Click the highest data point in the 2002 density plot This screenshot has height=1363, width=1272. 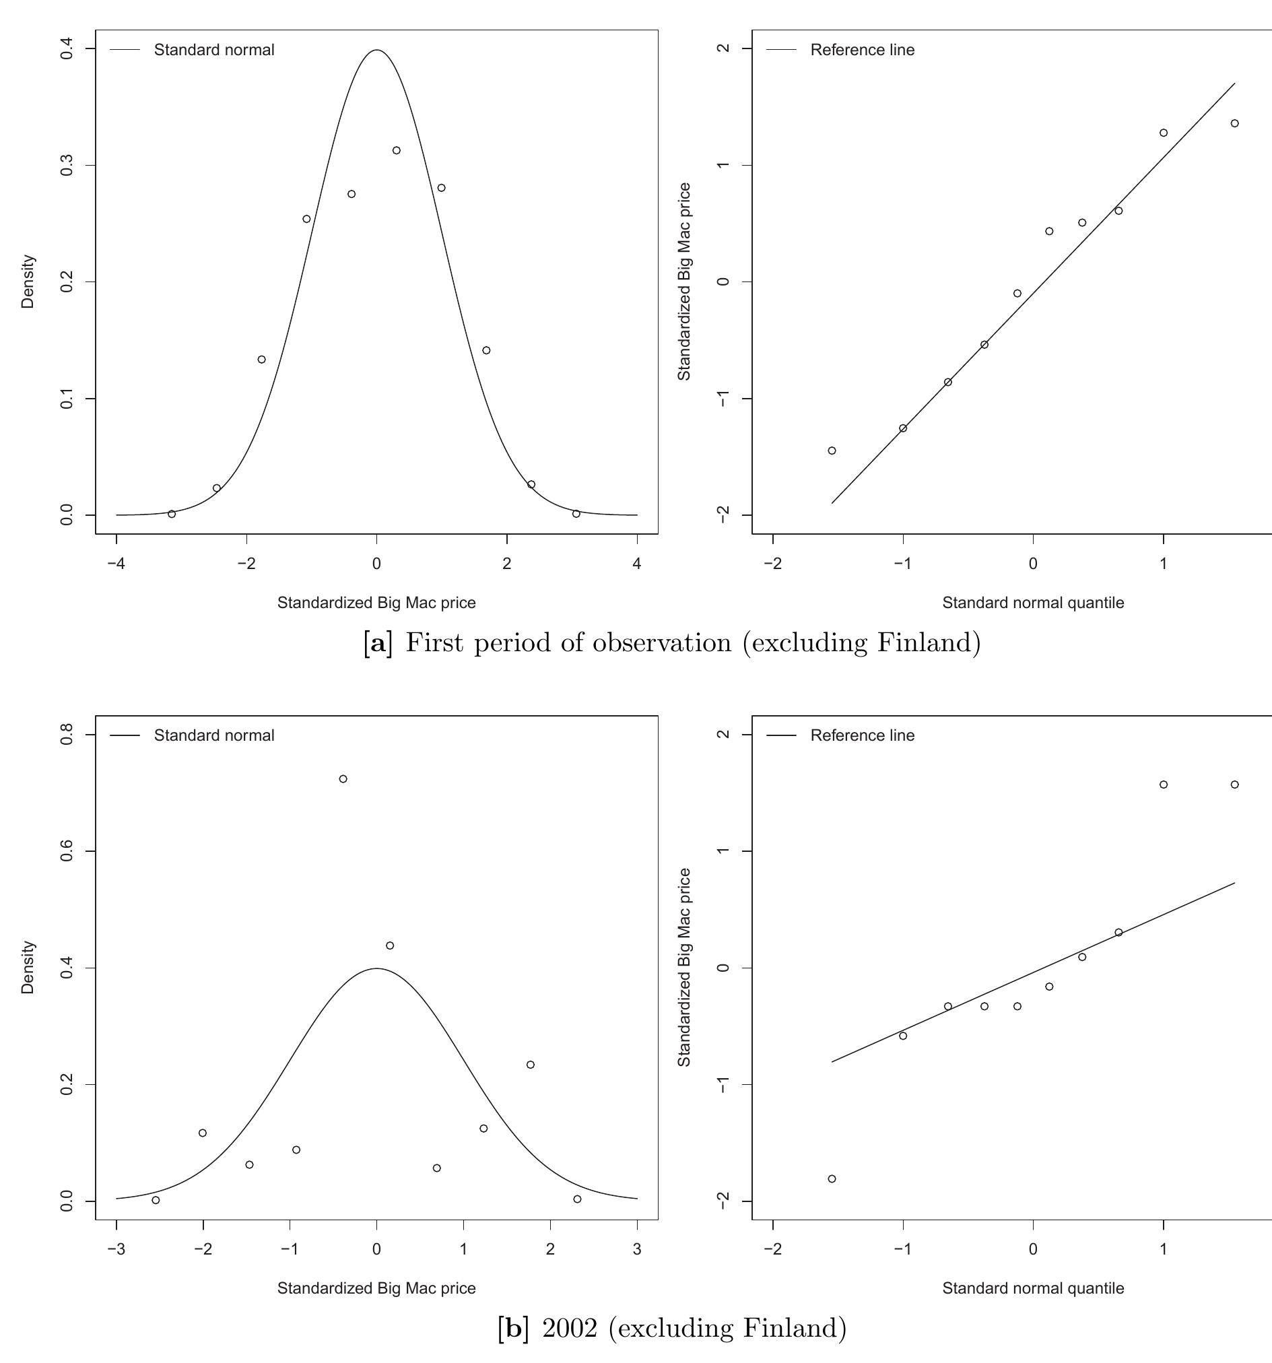pyautogui.click(x=343, y=779)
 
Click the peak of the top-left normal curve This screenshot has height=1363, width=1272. pyautogui.click(x=376, y=50)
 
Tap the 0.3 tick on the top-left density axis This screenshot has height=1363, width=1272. pyautogui.click(x=67, y=165)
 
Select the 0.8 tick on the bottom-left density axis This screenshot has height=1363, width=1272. pyautogui.click(x=67, y=735)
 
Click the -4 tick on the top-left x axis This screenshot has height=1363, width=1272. pyautogui.click(x=116, y=564)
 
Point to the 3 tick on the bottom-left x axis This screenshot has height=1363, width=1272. pyautogui.click(x=637, y=1250)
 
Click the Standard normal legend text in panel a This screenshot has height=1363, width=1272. pyautogui.click(x=214, y=50)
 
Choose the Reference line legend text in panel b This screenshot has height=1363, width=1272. pyautogui.click(x=862, y=735)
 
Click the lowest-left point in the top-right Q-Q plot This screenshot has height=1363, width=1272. pyautogui.click(x=832, y=451)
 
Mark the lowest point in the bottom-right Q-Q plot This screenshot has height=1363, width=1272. pyautogui.click(x=832, y=1179)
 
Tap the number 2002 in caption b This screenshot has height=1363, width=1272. pyautogui.click(x=570, y=1329)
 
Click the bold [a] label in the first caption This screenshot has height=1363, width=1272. pyautogui.click(x=378, y=643)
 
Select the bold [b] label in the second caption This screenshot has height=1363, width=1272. pyautogui.click(x=513, y=1329)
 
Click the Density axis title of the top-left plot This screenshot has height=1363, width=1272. pyautogui.click(x=28, y=281)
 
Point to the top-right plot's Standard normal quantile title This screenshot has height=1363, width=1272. pyautogui.click(x=1033, y=603)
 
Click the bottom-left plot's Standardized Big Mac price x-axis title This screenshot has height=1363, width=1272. pyautogui.click(x=376, y=1288)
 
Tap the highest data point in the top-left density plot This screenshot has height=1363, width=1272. pyautogui.click(x=397, y=150)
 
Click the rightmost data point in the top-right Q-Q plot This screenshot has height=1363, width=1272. pyautogui.click(x=1234, y=123)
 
